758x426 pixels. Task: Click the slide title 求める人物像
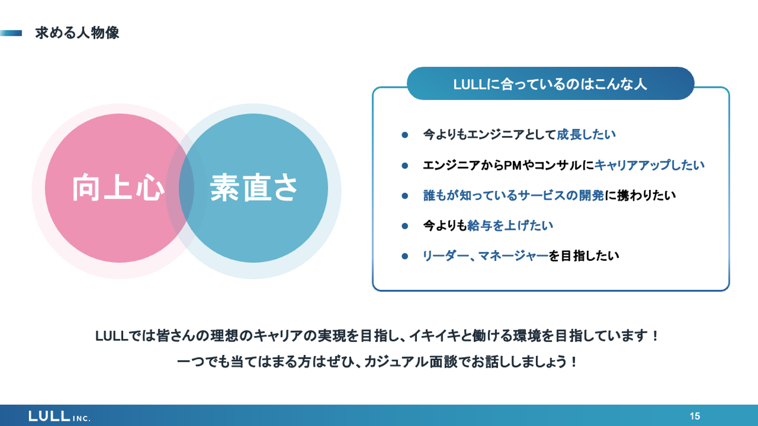pyautogui.click(x=77, y=33)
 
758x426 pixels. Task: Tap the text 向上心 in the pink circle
pyautogui.click(x=116, y=188)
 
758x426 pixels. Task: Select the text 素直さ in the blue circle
pyautogui.click(x=255, y=188)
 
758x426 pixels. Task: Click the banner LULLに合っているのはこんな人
pyautogui.click(x=550, y=84)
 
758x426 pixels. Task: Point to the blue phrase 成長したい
pyautogui.click(x=586, y=135)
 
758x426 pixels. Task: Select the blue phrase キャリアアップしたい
pyautogui.click(x=649, y=165)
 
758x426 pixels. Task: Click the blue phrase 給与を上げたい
pyautogui.click(x=510, y=226)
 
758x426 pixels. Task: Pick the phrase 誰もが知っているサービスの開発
pyautogui.click(x=513, y=196)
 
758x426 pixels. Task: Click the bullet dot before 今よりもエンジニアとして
pyautogui.click(x=405, y=135)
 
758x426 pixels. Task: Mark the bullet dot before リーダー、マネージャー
pyautogui.click(x=405, y=257)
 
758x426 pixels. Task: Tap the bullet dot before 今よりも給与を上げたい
pyautogui.click(x=405, y=226)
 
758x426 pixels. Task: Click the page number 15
pyautogui.click(x=695, y=416)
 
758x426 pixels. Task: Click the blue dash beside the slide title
pyautogui.click(x=11, y=33)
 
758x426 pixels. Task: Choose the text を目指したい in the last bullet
pyautogui.click(x=584, y=256)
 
